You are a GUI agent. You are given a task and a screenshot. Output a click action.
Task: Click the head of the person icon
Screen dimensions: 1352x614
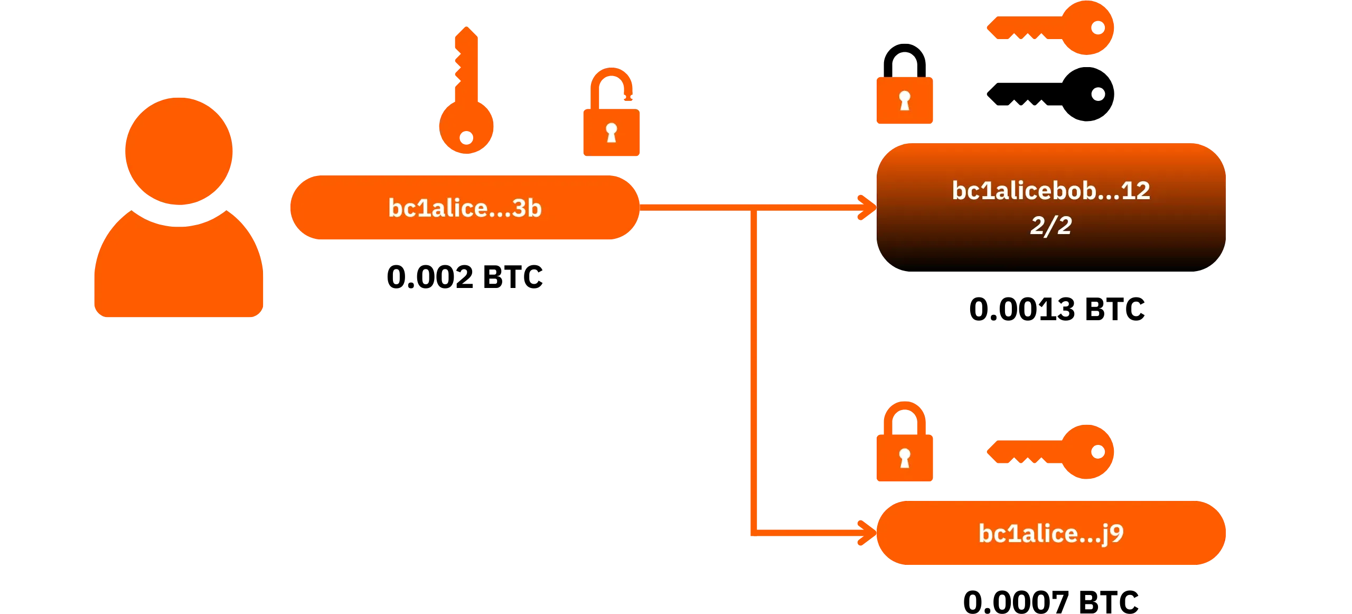[x=179, y=151]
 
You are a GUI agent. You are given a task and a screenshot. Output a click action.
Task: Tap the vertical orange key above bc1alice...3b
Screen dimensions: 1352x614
[x=467, y=90]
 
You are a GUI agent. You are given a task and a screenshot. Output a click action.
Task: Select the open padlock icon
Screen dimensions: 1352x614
[x=611, y=112]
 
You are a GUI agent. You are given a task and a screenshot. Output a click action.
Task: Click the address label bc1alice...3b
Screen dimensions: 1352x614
[x=465, y=208]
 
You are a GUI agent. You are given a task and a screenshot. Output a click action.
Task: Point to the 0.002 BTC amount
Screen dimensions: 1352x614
[x=465, y=277]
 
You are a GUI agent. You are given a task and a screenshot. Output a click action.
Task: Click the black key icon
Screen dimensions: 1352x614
[x=1050, y=94]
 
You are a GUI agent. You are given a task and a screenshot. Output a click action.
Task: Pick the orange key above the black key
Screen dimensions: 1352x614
[x=1050, y=27]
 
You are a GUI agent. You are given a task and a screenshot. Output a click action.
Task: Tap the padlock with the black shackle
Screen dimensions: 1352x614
[x=905, y=84]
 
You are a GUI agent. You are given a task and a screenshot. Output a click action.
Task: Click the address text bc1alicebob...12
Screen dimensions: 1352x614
[x=1051, y=190]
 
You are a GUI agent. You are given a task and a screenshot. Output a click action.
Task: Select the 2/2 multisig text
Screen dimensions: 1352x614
[x=1051, y=226]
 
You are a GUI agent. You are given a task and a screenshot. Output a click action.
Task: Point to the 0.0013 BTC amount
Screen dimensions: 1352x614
[x=1057, y=309]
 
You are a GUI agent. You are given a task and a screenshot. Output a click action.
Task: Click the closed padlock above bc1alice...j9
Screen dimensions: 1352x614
[x=905, y=441]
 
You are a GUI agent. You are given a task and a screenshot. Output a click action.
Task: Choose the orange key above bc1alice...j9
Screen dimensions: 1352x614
[x=1050, y=452]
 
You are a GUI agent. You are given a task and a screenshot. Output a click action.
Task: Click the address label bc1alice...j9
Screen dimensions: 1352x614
[x=1051, y=533]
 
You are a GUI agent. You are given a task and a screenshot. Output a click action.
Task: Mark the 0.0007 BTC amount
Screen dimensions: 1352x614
[x=1051, y=602]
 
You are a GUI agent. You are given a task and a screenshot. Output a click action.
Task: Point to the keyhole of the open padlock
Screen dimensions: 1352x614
[x=612, y=132]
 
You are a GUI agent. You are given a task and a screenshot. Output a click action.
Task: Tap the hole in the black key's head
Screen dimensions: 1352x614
[x=1098, y=94]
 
